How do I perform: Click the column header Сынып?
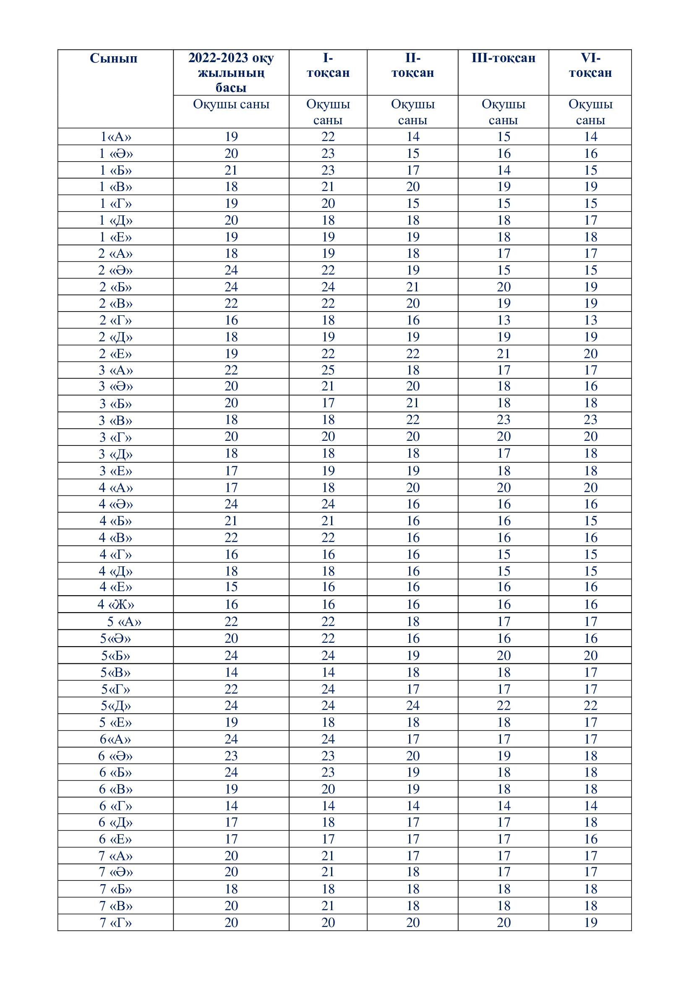114,59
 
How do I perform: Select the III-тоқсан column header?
503,59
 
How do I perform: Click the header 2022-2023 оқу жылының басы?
231,72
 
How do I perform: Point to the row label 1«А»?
115,137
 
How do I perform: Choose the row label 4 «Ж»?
115,604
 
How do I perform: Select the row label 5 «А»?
124,621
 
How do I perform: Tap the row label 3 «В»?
115,420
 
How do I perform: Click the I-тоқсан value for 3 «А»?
328,370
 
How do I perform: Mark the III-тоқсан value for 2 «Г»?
504,320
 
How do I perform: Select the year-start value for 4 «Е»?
231,587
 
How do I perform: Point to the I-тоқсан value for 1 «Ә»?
328,154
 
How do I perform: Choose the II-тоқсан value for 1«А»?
412,137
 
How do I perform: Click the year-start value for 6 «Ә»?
231,756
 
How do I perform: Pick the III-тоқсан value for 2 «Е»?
504,354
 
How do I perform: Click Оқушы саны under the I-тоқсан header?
328,112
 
